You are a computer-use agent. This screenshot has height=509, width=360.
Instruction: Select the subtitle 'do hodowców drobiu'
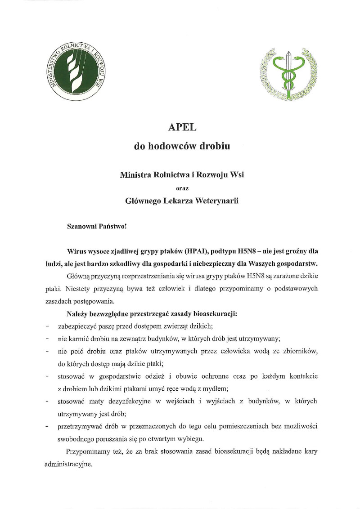(182, 146)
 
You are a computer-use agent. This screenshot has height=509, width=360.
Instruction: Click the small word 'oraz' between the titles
(182, 188)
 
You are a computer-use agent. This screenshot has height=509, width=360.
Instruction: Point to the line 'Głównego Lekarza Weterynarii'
(182, 201)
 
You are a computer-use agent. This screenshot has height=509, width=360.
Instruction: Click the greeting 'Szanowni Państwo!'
(97, 226)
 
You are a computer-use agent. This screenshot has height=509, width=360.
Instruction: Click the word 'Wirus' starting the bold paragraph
(76, 250)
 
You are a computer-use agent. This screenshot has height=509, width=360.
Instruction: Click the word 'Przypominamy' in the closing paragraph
(87, 451)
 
